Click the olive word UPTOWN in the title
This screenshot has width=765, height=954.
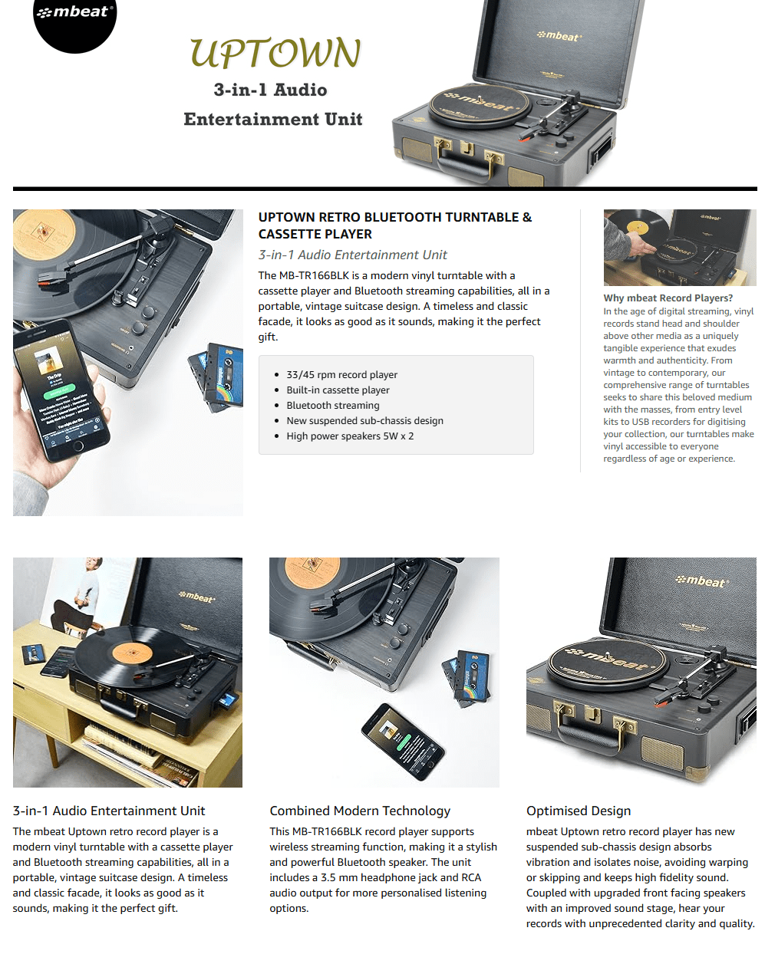coord(275,53)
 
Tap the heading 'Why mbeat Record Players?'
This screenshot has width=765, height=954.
coord(668,298)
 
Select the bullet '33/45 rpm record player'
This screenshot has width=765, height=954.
coord(341,374)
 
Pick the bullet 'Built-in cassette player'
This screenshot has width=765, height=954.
coord(338,390)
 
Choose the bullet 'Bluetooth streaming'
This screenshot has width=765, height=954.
coord(332,405)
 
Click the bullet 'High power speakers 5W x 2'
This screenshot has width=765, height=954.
coord(350,436)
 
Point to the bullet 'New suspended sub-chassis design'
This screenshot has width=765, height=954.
coord(364,420)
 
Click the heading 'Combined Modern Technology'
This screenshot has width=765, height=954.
coord(360,811)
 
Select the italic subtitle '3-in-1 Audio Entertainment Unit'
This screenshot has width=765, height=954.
coord(352,255)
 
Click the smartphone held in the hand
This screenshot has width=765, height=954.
coord(61,390)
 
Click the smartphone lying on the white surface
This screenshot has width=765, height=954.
coord(403,741)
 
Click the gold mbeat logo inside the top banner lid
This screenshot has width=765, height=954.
coord(559,36)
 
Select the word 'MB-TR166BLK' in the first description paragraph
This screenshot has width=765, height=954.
coord(314,275)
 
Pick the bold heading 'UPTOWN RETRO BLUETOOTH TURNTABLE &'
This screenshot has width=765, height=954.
coord(395,217)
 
